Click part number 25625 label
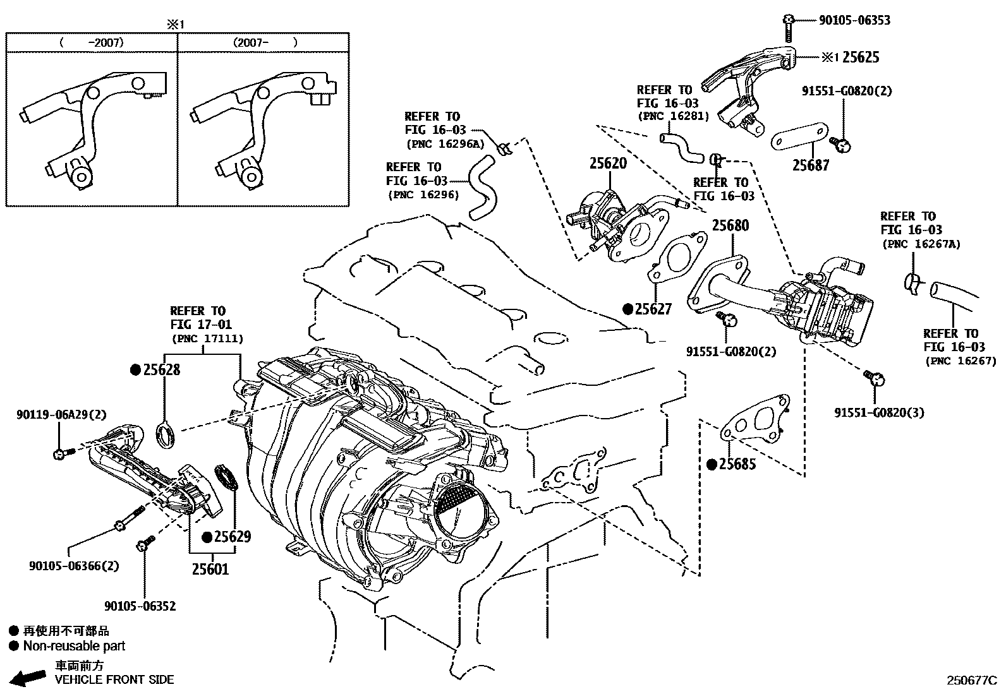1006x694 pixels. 860,57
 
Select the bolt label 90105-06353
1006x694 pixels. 854,20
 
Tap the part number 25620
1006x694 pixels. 608,163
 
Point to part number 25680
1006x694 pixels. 730,225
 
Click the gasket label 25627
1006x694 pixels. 653,309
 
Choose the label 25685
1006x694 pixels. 737,464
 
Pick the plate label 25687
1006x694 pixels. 811,165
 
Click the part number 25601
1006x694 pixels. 210,569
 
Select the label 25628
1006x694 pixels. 161,369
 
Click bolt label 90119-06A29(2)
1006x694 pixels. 61,414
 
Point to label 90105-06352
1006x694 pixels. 140,606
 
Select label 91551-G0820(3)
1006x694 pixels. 879,412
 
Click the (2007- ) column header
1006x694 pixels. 264,43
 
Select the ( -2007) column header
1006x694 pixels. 92,43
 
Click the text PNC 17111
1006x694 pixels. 207,339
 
